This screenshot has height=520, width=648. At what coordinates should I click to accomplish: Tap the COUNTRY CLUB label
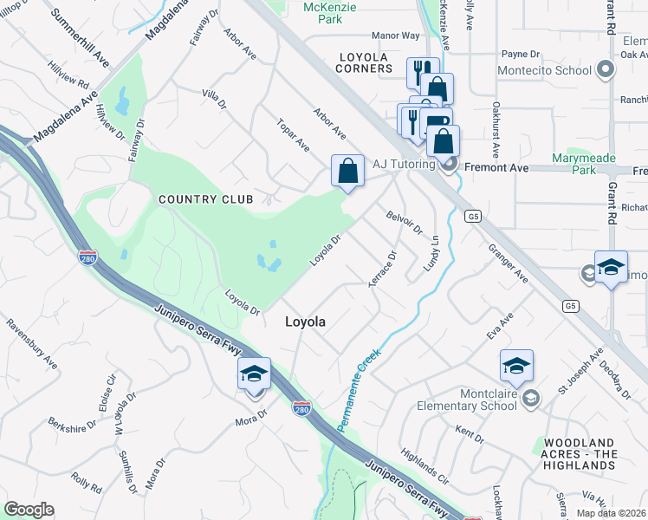[x=206, y=199]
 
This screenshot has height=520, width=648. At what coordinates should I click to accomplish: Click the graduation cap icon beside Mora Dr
[x=254, y=374]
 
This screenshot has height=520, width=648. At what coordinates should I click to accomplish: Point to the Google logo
[x=29, y=510]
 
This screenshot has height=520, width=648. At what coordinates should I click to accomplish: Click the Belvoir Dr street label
[x=404, y=224]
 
